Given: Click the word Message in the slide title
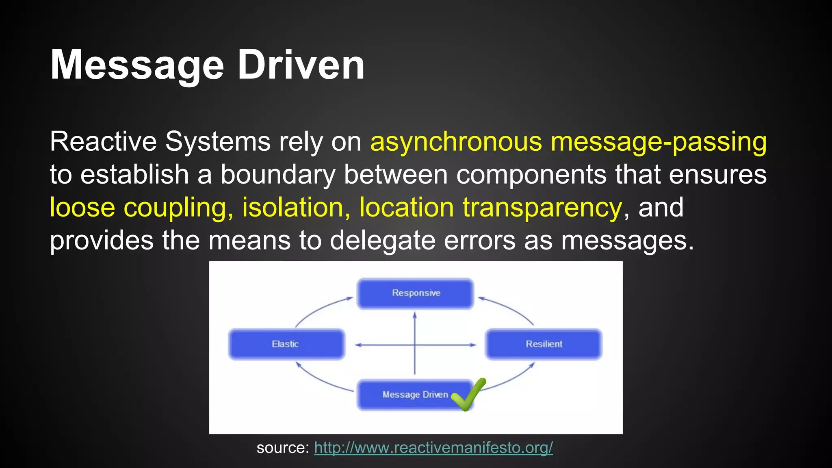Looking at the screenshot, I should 137,65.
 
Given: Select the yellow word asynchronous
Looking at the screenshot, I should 456,142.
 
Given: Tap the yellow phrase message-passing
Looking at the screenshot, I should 659,142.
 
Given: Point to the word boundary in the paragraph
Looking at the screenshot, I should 278,175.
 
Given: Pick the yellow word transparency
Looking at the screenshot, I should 542,208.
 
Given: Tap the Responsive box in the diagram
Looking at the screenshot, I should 415,293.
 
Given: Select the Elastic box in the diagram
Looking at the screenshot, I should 286,344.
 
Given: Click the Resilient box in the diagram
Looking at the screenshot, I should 544,344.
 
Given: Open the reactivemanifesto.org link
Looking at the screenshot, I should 433,447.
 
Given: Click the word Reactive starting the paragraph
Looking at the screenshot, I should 103,142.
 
